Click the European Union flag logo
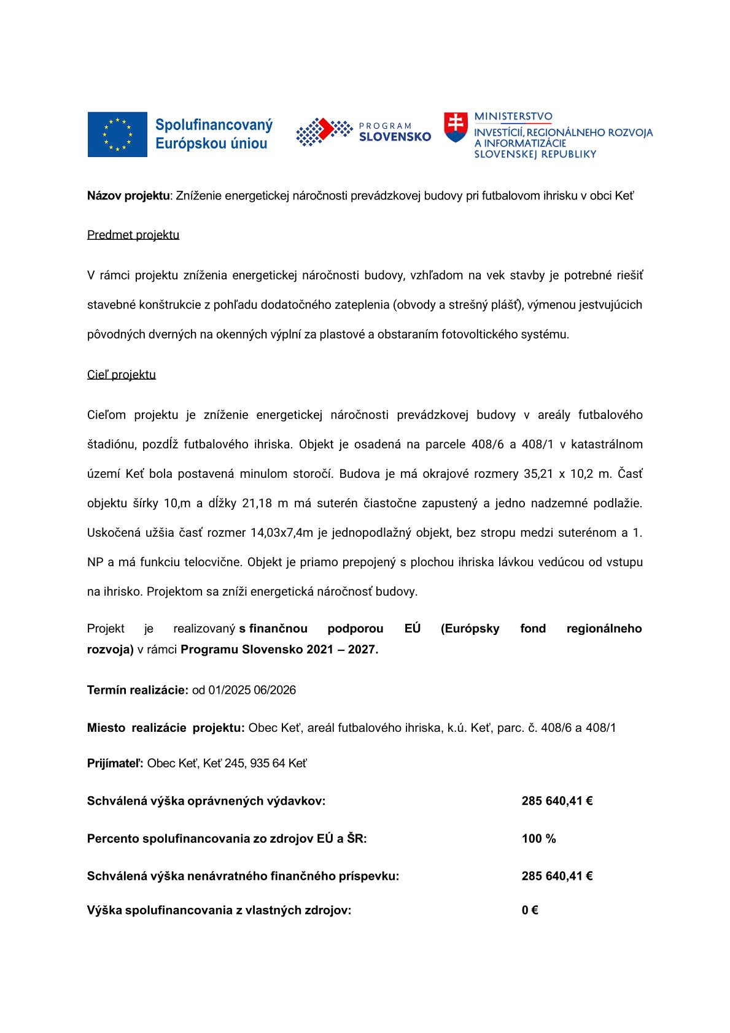click(117, 134)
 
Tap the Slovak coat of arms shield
click(456, 127)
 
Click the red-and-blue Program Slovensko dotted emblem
click(324, 131)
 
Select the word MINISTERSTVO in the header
click(513, 117)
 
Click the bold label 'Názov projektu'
click(128, 196)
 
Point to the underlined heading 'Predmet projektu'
click(133, 235)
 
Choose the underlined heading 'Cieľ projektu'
click(122, 375)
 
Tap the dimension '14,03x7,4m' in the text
click(282, 533)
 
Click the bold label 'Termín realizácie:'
click(138, 690)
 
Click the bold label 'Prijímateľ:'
click(115, 764)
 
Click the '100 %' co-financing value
click(538, 839)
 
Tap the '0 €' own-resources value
click(530, 910)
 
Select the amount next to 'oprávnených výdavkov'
click(557, 801)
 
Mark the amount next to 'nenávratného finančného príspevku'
click(557, 876)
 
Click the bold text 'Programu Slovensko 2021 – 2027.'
click(279, 650)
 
